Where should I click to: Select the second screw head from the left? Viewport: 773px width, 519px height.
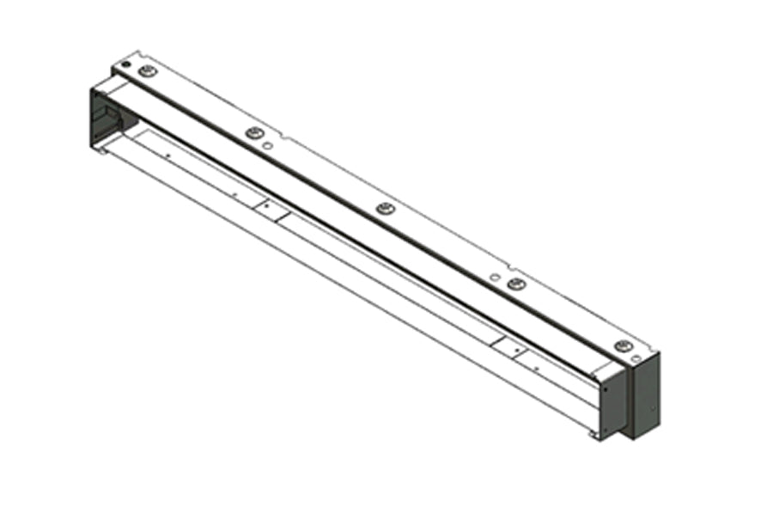pos(253,133)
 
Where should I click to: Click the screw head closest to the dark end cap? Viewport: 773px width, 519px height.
pos(622,346)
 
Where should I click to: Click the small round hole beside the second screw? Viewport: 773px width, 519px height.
pos(268,148)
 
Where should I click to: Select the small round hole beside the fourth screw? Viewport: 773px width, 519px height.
pos(494,277)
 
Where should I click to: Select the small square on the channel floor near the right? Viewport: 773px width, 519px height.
pos(513,348)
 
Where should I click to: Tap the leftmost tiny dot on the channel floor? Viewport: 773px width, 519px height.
pos(168,156)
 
